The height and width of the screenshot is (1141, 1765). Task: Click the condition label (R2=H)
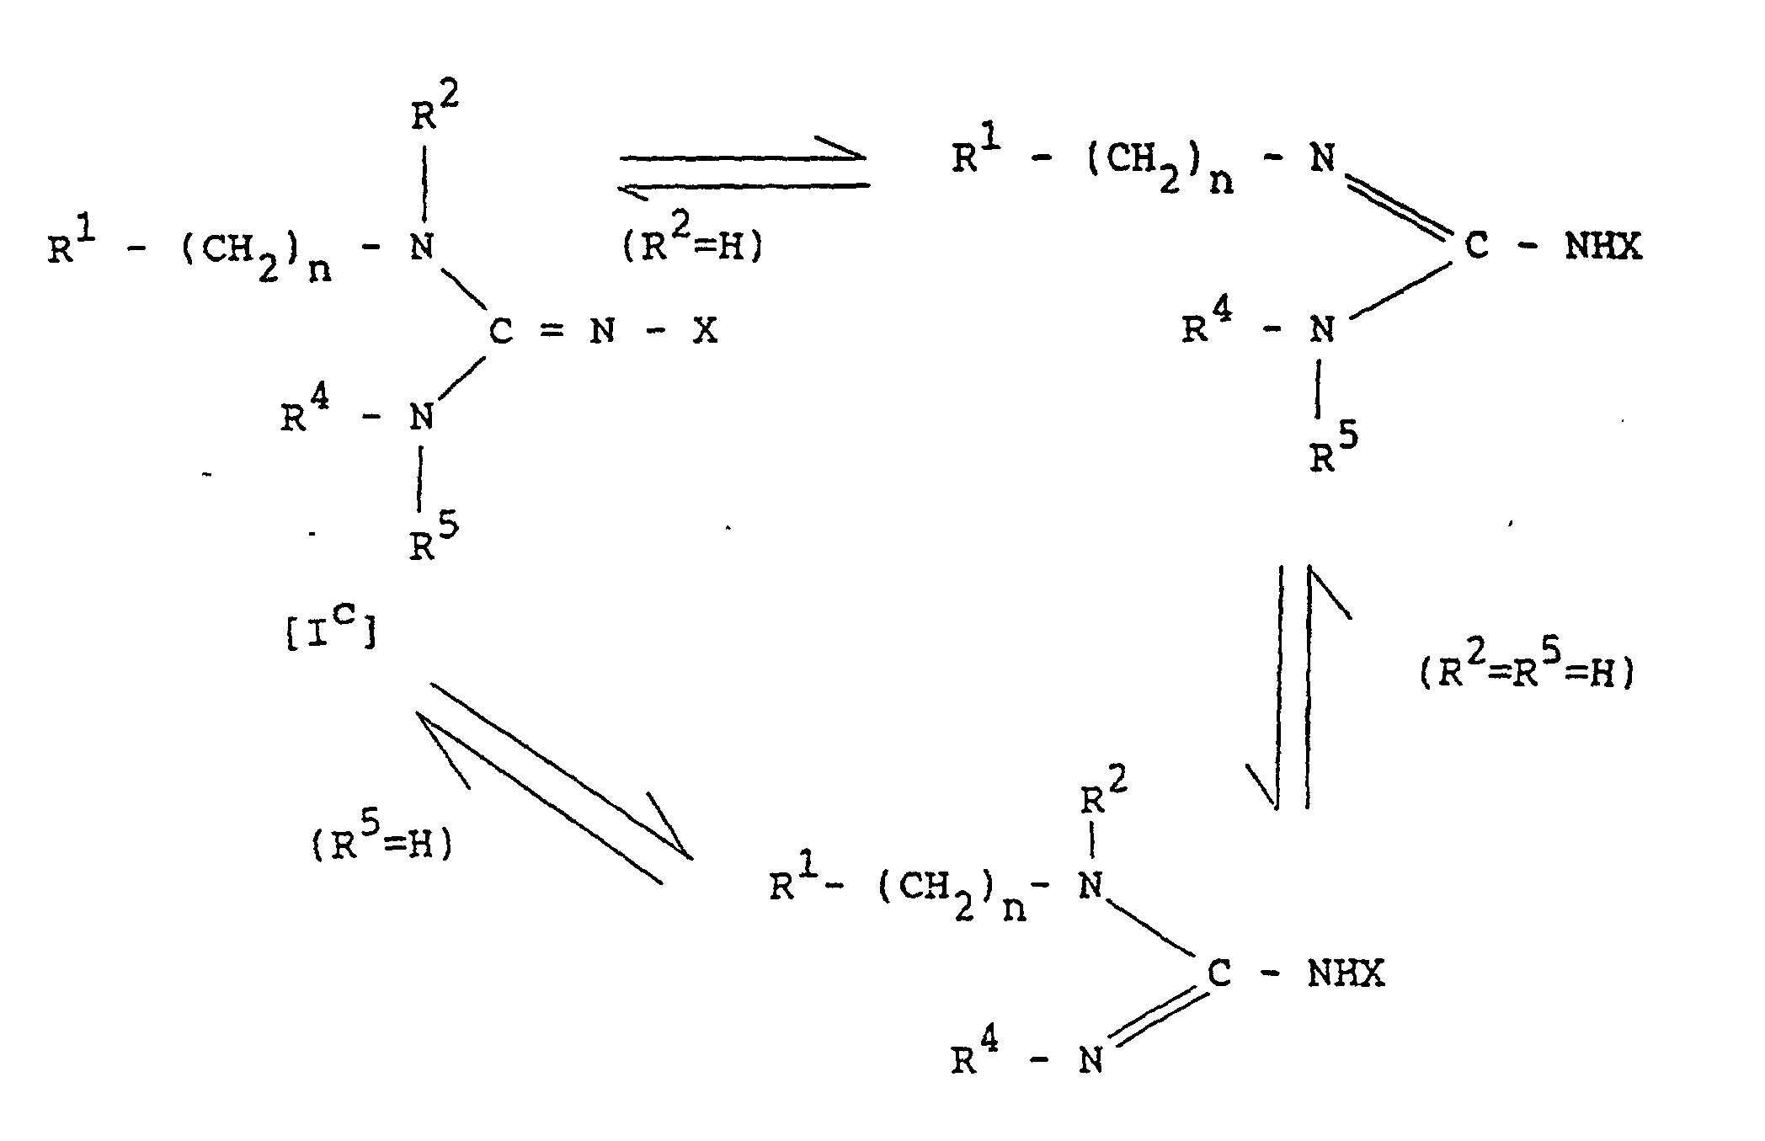692,248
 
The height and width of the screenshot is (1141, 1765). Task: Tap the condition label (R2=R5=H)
1527,673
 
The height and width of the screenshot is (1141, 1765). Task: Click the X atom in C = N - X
705,332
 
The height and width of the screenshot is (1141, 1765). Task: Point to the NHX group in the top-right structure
1602,248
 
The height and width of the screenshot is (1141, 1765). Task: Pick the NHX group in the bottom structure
1345,974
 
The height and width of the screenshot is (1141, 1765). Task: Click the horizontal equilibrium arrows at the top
744,171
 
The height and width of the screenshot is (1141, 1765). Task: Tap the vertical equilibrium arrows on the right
1293,686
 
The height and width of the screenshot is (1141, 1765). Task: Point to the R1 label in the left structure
72,248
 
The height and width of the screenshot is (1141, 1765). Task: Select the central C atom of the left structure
500,333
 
